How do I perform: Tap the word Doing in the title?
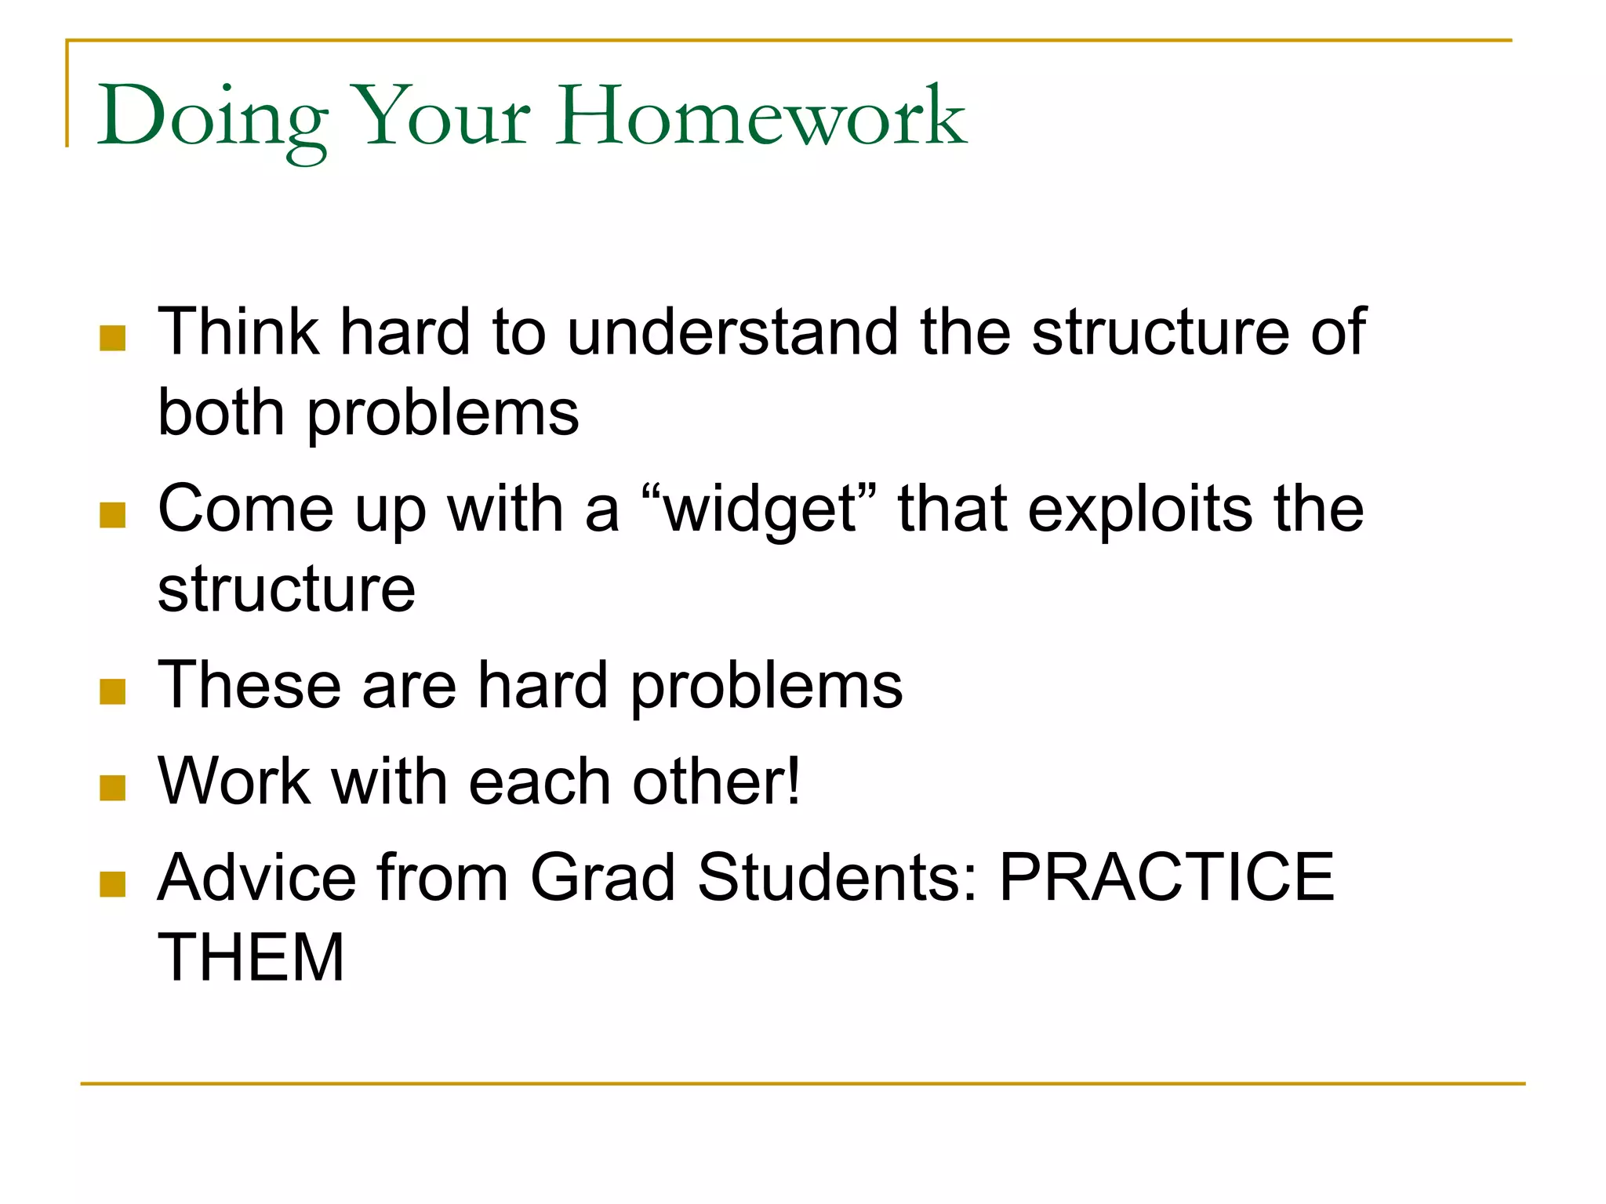213,118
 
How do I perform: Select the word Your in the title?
443,118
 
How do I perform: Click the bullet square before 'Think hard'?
113,338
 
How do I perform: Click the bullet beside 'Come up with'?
113,515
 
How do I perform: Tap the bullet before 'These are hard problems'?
113,691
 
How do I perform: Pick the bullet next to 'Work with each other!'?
113,788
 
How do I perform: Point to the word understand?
732,332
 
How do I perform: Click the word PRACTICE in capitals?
1166,877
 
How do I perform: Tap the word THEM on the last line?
251,957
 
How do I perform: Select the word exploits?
1140,510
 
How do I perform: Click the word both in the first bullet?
220,413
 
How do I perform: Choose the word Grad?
602,877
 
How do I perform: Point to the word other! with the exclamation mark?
717,782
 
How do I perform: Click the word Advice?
256,877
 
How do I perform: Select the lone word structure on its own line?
286,589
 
